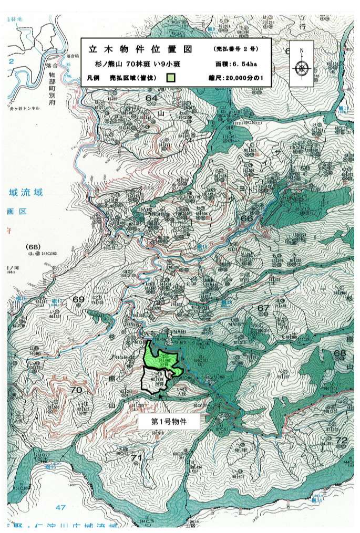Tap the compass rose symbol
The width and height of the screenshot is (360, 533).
[x=302, y=67]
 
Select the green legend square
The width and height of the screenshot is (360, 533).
[x=170, y=78]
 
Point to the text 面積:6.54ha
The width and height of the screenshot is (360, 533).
[x=236, y=64]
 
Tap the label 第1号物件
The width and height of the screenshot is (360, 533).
[x=169, y=421]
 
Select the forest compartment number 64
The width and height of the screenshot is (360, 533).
[x=152, y=98]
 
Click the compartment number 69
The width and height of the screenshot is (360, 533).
[x=78, y=299]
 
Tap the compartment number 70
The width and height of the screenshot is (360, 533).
[x=76, y=390]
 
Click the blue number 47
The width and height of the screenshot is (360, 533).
[x=60, y=507]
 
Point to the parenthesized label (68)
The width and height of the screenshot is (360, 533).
[x=32, y=246]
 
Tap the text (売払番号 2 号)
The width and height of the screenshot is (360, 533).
[x=236, y=49]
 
